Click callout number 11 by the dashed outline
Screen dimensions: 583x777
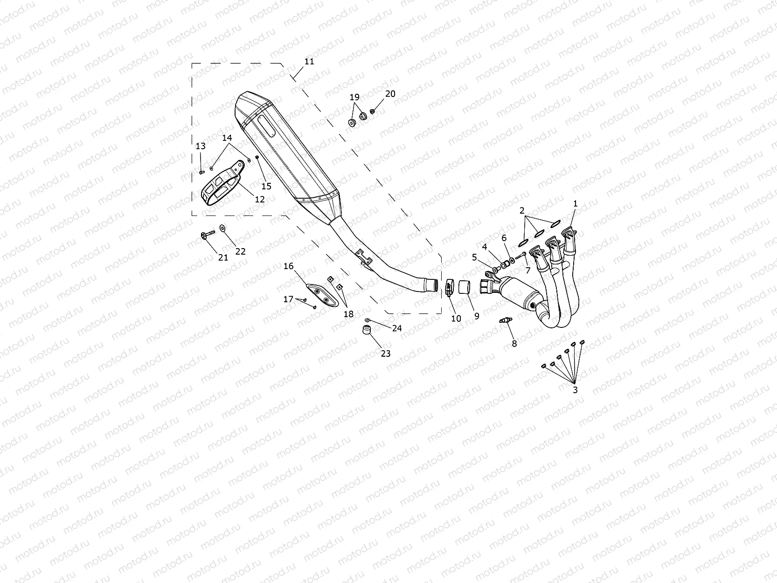tap(309, 62)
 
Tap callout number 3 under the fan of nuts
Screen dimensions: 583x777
tap(575, 390)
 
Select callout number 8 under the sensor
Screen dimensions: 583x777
tap(514, 343)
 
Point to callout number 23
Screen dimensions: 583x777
tap(385, 354)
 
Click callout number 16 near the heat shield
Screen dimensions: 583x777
tap(289, 266)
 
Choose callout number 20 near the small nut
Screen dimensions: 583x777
tap(390, 94)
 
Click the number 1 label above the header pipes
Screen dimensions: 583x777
tap(575, 203)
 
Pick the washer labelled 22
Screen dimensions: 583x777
tap(222, 228)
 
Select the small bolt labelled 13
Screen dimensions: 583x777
tap(201, 172)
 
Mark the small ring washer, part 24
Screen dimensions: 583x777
tap(368, 320)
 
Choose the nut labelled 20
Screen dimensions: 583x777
tap(373, 111)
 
